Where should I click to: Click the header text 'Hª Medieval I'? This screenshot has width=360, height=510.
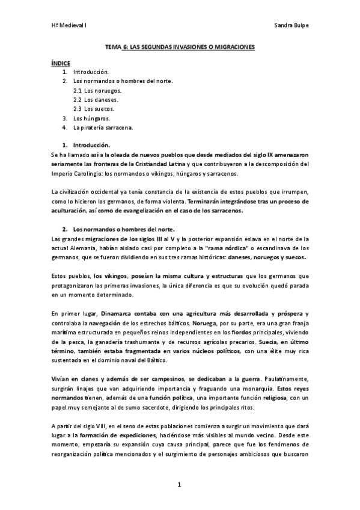[69, 26]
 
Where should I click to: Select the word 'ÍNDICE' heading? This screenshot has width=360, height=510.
[61, 62]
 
